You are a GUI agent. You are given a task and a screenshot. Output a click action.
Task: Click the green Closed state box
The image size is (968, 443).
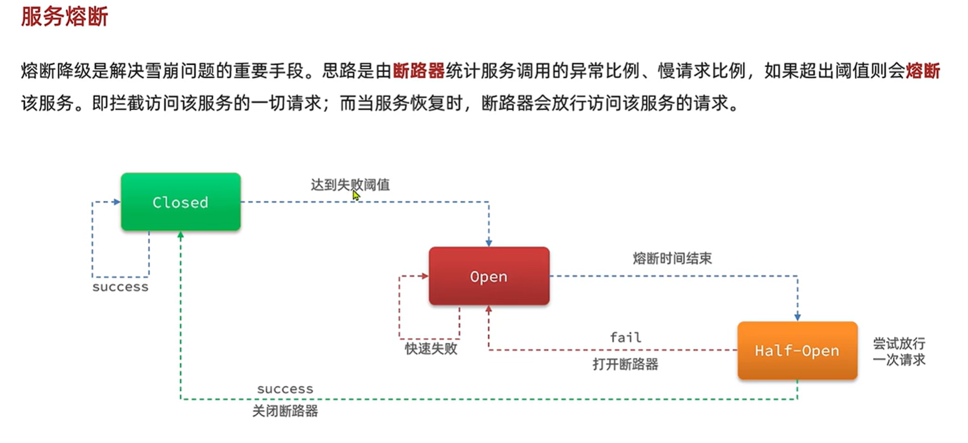(181, 202)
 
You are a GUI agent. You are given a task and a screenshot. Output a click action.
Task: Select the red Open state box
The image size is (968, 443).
(489, 276)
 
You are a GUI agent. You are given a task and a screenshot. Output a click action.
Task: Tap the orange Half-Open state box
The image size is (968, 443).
(797, 350)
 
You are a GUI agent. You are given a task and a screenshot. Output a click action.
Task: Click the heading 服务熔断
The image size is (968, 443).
(64, 17)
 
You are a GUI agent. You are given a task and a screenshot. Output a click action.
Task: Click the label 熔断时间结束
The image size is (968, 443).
(672, 258)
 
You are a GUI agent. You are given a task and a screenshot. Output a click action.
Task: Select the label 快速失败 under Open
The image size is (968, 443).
(431, 349)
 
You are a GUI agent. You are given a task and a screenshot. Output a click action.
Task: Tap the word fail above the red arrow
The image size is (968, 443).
(625, 338)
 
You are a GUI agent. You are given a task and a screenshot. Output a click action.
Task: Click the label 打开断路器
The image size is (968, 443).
(625, 364)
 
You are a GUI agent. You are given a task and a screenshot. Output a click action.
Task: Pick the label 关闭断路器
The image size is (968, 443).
(285, 412)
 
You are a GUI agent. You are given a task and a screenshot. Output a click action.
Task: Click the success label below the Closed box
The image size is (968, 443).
(121, 287)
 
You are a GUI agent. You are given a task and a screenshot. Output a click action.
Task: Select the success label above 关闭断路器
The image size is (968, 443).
(285, 389)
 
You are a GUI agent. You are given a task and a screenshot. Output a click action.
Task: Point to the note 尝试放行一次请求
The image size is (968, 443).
(899, 351)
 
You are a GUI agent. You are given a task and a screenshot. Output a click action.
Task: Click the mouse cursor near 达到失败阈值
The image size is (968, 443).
(356, 196)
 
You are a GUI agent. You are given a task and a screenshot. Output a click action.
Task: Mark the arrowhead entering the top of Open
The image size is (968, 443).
(489, 243)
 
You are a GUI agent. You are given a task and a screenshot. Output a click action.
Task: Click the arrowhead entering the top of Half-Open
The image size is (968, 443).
(797, 317)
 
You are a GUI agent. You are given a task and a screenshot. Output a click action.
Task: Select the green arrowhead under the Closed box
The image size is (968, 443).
(181, 235)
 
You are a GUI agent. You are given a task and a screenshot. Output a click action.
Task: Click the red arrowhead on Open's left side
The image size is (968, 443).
(425, 276)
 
